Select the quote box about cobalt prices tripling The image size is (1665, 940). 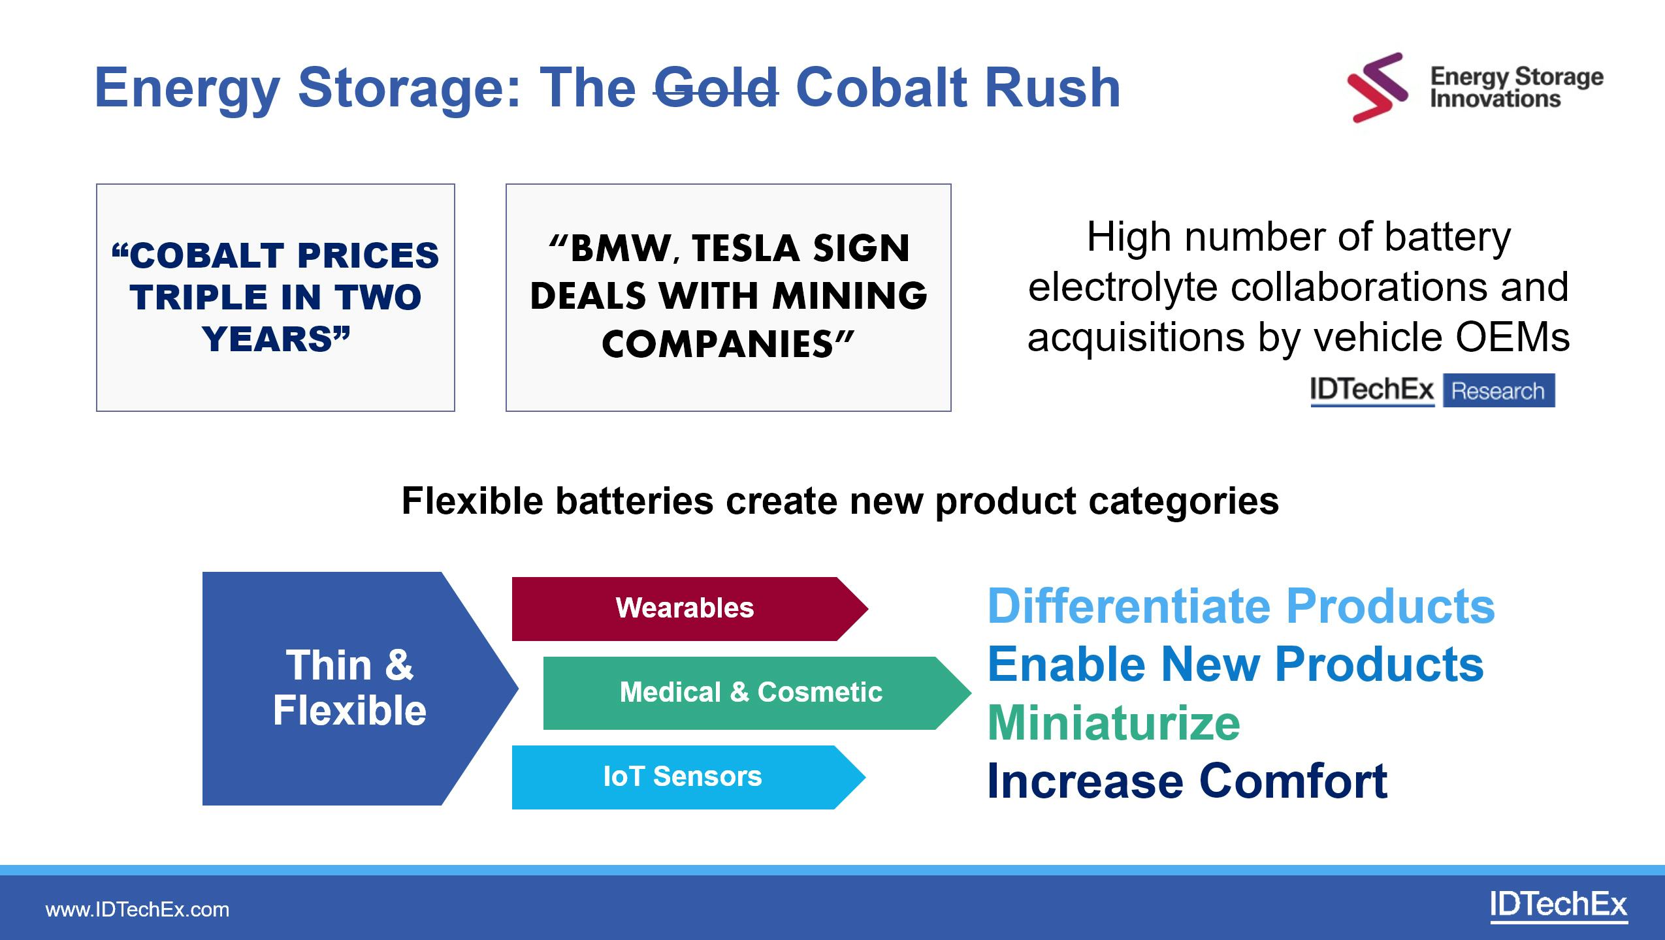[x=276, y=298]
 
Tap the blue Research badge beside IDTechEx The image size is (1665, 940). [x=1498, y=391]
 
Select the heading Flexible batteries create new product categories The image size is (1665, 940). [x=840, y=501]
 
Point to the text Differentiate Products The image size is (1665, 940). [x=1241, y=606]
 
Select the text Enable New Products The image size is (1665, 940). [x=1235, y=664]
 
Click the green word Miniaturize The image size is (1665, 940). [x=1114, y=723]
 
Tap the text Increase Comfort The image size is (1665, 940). [x=1187, y=781]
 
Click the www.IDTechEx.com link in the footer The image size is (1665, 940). [x=137, y=909]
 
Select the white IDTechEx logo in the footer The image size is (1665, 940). [x=1559, y=907]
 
